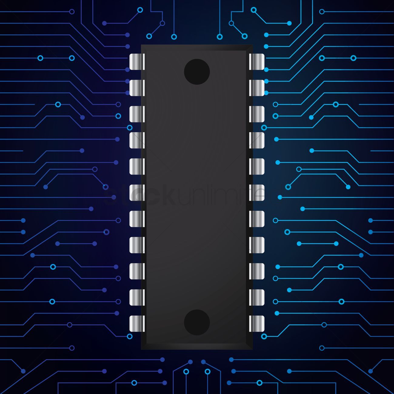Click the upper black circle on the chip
(x=197, y=72)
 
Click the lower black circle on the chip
(x=197, y=322)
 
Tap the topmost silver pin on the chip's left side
(x=137, y=62)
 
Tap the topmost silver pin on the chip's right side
(x=257, y=62)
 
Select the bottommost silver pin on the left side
(x=137, y=323)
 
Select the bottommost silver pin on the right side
(x=257, y=323)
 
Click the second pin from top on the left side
(x=137, y=88)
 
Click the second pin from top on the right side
(x=257, y=88)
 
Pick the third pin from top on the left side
(x=137, y=114)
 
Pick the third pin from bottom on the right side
(x=257, y=271)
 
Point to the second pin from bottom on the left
(x=137, y=297)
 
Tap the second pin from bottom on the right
(x=257, y=297)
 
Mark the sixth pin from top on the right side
(x=257, y=193)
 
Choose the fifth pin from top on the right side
(x=257, y=166)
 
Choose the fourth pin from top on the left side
(x=137, y=140)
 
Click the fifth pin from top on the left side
(x=137, y=166)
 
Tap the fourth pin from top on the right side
(x=257, y=140)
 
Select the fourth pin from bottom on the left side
(x=137, y=245)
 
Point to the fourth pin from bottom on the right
(x=257, y=245)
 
